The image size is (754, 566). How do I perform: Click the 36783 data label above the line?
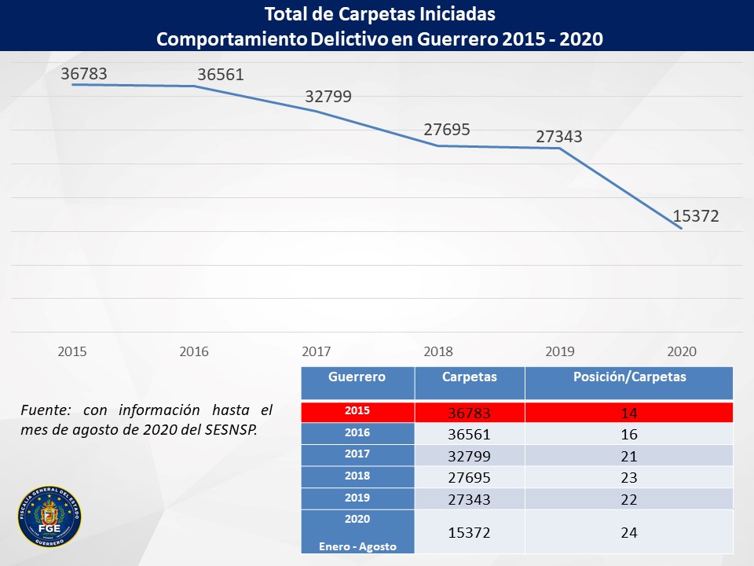[x=84, y=74]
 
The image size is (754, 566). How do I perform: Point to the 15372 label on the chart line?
[x=695, y=216]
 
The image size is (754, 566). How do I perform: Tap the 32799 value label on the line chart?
[x=328, y=97]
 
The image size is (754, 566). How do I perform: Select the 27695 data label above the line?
[x=447, y=130]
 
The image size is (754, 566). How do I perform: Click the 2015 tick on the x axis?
[x=72, y=351]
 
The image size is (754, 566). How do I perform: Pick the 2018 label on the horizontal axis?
[x=438, y=351]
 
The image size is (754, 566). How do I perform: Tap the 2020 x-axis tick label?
[x=682, y=351]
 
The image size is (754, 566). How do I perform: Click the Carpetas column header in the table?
[x=470, y=377]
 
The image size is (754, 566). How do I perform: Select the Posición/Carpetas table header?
[x=629, y=377]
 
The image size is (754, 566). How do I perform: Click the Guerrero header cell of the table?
[x=357, y=377]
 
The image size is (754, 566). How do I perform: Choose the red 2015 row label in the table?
[x=357, y=410]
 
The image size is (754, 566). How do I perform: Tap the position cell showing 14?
[x=629, y=413]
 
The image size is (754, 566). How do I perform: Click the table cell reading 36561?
[x=470, y=435]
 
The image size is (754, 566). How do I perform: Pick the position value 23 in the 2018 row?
[x=629, y=477]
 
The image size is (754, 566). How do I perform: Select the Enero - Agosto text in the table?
[x=358, y=547]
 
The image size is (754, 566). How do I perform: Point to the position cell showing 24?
[x=629, y=533]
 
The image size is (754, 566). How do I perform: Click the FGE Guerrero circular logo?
[x=49, y=516]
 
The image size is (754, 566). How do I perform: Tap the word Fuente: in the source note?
[x=46, y=410]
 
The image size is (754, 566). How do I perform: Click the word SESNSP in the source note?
[x=230, y=429]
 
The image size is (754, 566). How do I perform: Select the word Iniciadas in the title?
[x=457, y=14]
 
